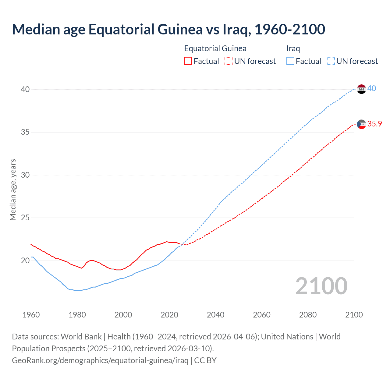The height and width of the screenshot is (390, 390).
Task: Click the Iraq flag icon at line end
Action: click(361, 89)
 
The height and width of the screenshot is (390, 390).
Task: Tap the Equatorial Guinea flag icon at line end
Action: click(361, 124)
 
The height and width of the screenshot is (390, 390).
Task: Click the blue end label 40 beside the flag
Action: click(372, 89)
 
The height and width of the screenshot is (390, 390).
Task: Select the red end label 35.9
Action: click(374, 124)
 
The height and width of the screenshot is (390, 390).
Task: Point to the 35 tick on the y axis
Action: click(25, 132)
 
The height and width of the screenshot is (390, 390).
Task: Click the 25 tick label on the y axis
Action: click(25, 218)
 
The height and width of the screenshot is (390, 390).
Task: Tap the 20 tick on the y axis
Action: click(25, 261)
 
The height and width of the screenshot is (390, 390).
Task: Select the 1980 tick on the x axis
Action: click(77, 315)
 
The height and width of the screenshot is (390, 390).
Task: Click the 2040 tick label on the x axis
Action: click(215, 315)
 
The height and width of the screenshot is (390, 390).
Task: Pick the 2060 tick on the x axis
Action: click(262, 315)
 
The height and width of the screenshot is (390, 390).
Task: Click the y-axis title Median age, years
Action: click(13, 190)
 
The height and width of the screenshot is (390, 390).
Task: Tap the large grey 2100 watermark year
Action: click(321, 286)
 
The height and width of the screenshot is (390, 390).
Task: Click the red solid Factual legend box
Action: click(188, 61)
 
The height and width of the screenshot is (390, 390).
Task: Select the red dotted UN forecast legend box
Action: click(229, 61)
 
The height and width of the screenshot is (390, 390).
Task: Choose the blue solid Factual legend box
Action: click(290, 61)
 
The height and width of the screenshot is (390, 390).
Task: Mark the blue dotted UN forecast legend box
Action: click(331, 61)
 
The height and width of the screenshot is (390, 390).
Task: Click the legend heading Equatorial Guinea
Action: click(215, 48)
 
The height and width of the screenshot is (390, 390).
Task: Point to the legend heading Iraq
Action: click(293, 48)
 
